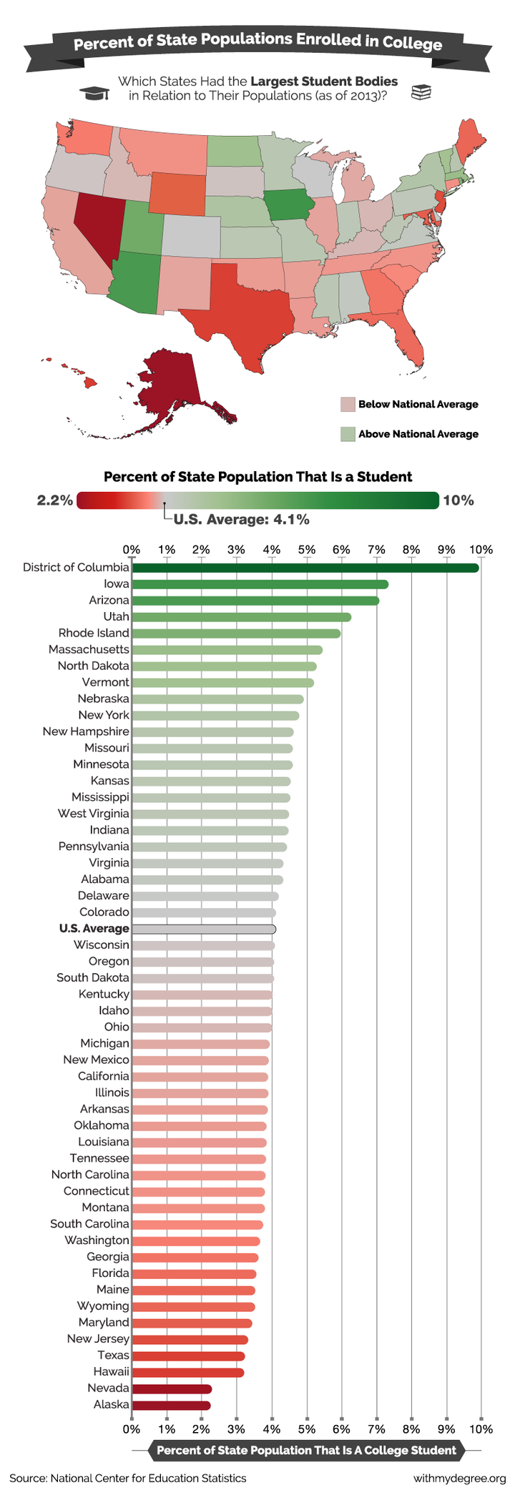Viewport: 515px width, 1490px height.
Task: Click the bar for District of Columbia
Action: pyautogui.click(x=305, y=568)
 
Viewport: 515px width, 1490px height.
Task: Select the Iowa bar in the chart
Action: pyautogui.click(x=260, y=584)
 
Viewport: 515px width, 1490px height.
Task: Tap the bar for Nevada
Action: pyautogui.click(x=172, y=1388)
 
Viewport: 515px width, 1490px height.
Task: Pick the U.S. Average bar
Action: pyautogui.click(x=204, y=929)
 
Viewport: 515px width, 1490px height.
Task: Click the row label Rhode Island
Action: pyautogui.click(x=94, y=633)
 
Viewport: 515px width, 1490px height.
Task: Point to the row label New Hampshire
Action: pyautogui.click(x=86, y=731)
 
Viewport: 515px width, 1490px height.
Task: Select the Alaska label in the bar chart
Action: pyautogui.click(x=111, y=1404)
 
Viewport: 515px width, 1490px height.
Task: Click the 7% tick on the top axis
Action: pyautogui.click(x=376, y=549)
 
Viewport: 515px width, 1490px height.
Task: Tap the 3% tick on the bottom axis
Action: pyautogui.click(x=236, y=1429)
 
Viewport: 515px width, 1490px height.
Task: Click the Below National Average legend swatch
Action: pyautogui.click(x=348, y=405)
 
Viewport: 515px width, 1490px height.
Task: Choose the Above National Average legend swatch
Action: pyautogui.click(x=348, y=434)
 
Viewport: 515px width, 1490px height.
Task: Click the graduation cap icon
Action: pyautogui.click(x=94, y=93)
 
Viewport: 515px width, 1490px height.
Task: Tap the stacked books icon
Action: pyautogui.click(x=421, y=92)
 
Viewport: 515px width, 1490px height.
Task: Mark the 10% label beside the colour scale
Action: pyautogui.click(x=458, y=500)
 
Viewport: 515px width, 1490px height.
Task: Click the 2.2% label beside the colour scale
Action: pyautogui.click(x=55, y=500)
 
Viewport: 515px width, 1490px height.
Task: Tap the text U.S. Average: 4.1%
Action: pyautogui.click(x=241, y=520)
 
